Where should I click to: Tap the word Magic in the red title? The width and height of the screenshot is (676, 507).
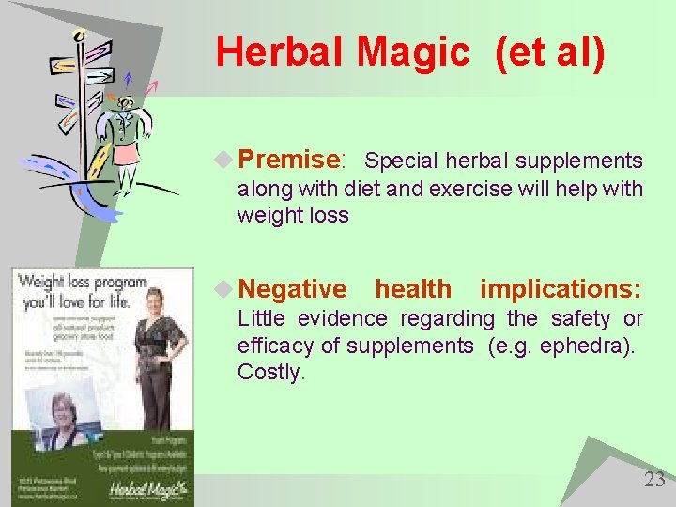coord(412,53)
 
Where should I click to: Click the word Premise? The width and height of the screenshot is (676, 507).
coord(287,160)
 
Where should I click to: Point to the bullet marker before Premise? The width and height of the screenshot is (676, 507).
coord(223,160)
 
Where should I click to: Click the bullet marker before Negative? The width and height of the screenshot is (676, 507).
coord(223,289)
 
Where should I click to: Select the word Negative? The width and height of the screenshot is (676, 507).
coord(292,289)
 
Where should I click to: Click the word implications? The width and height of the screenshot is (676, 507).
coord(561,289)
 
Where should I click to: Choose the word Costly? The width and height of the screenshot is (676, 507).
coord(270,372)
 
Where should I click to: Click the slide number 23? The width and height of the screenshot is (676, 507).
coord(653,480)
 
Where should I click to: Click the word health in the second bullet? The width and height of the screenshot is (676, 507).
coord(412,289)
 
